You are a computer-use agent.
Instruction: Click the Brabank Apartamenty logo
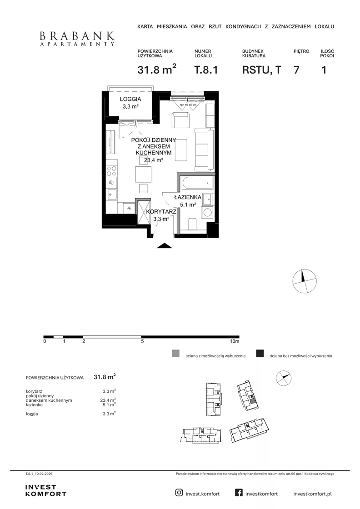[77, 39]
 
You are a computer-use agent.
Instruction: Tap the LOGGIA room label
[130, 99]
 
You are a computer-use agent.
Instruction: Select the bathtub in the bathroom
[197, 184]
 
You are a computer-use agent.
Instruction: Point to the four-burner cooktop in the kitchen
[112, 171]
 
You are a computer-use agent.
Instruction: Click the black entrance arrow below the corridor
[164, 245]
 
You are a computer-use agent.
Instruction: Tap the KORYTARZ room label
[161, 212]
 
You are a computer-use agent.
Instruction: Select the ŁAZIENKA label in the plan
[188, 197]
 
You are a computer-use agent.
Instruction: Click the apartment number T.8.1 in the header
[206, 70]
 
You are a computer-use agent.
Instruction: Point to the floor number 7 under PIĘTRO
[296, 70]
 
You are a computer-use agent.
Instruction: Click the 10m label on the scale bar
[235, 341]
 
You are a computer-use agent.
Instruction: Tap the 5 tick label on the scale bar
[142, 341]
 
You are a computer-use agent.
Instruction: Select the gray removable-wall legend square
[175, 354]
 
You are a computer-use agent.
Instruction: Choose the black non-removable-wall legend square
[260, 354]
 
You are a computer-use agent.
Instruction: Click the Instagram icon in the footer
[179, 493]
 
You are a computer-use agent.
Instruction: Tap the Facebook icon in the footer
[239, 493]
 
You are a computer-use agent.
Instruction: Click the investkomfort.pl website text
[312, 494]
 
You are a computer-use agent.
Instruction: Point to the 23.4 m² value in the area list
[108, 400]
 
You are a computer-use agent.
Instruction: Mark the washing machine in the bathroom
[207, 213]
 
